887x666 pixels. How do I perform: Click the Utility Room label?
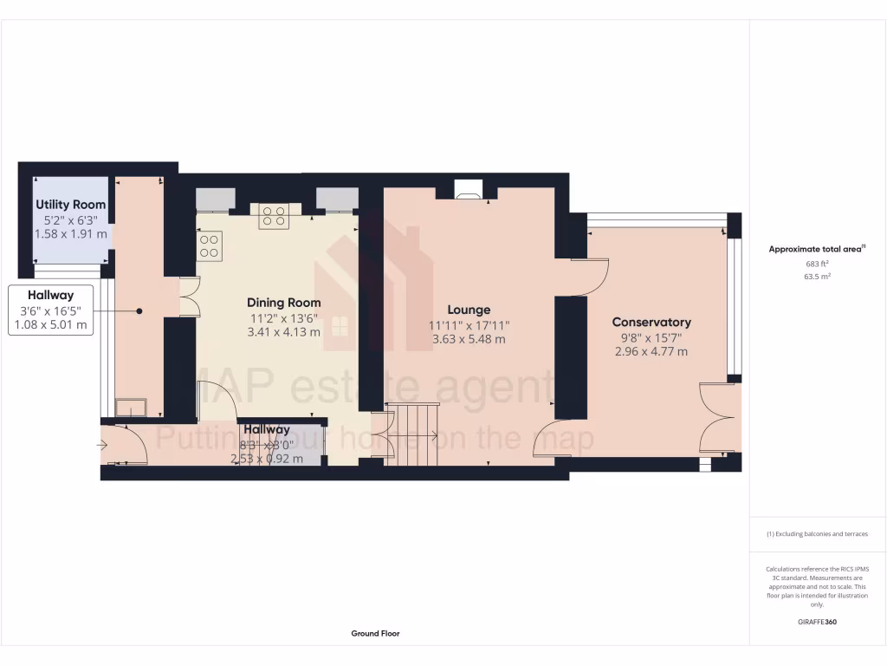click(x=71, y=205)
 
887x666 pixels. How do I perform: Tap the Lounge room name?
click(x=469, y=310)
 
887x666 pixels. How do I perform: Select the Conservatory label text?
click(x=651, y=322)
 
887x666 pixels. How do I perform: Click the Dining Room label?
click(x=283, y=303)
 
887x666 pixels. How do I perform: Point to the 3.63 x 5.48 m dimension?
click(x=469, y=339)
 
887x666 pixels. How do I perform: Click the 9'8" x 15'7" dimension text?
click(x=651, y=337)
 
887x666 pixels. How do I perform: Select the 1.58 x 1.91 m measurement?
click(x=71, y=234)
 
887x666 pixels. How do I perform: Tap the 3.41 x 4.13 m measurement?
click(x=283, y=332)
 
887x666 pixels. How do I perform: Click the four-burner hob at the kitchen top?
click(x=275, y=217)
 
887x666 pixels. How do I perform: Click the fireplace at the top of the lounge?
click(x=469, y=190)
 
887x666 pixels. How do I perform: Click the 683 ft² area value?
click(x=817, y=264)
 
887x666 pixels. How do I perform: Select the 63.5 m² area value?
click(x=817, y=277)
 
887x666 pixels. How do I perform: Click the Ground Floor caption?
click(x=375, y=634)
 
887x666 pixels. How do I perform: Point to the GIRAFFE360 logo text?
click(x=817, y=622)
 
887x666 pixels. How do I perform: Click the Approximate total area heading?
click(x=816, y=249)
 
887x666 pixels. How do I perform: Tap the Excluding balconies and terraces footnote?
click(x=817, y=534)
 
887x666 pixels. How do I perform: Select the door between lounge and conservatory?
click(x=589, y=276)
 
